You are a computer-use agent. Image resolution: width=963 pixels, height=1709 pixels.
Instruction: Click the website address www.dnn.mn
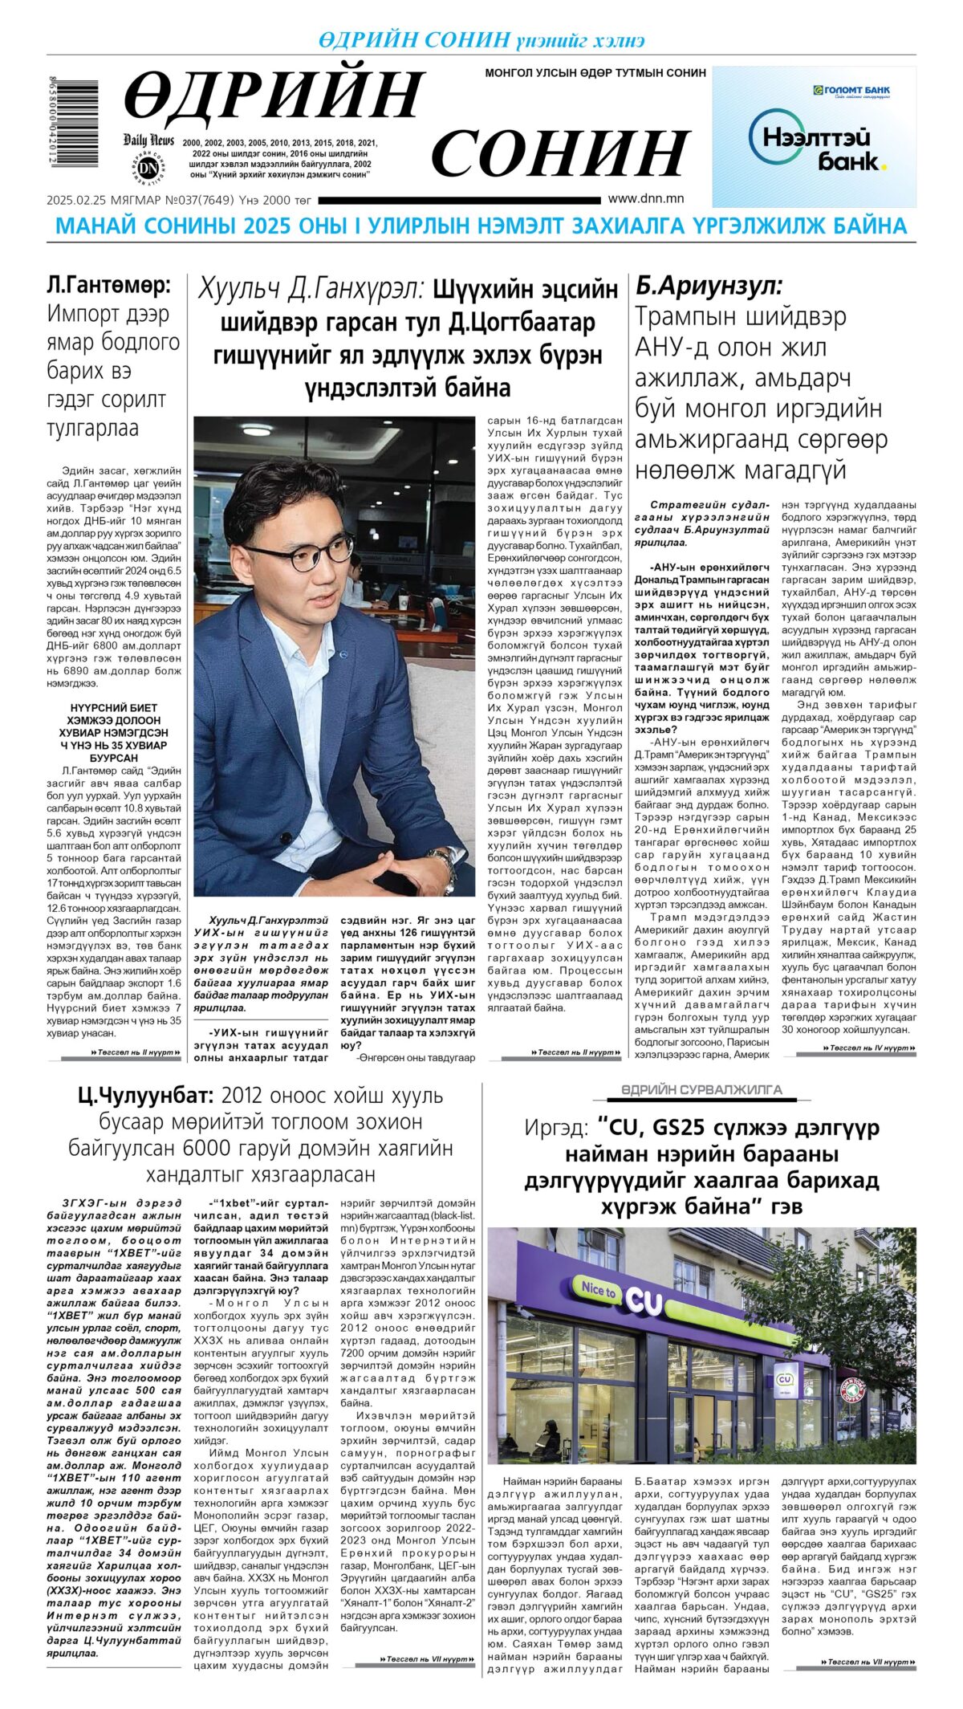pos(645,198)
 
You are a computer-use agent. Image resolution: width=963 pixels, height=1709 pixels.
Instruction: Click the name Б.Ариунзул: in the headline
pos(709,285)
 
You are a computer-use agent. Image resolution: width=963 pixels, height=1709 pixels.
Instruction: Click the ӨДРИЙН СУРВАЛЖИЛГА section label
pos(701,1089)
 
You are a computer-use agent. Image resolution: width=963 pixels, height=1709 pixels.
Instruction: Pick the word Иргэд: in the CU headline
pos(555,1128)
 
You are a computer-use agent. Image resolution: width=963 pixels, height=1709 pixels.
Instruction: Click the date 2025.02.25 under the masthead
pos(72,200)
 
